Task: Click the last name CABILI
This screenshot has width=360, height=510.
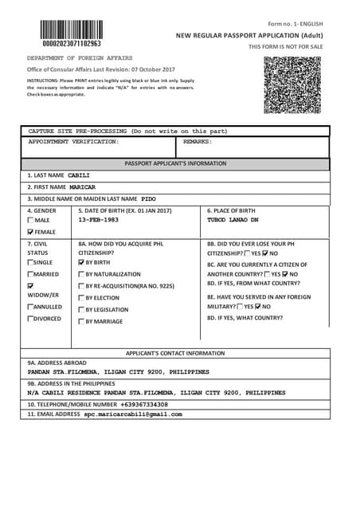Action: pyautogui.click(x=79, y=175)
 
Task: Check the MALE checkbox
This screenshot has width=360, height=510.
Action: pyautogui.click(x=31, y=220)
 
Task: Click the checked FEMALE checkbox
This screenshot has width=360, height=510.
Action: pyautogui.click(x=31, y=231)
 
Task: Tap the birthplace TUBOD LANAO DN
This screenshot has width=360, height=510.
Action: pyautogui.click(x=233, y=219)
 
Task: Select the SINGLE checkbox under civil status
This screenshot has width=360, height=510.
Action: pyautogui.click(x=31, y=262)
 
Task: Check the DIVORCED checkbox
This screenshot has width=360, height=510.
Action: pyautogui.click(x=31, y=319)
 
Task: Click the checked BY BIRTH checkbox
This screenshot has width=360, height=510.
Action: pyautogui.click(x=81, y=262)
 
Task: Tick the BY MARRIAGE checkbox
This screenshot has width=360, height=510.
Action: pyautogui.click(x=81, y=321)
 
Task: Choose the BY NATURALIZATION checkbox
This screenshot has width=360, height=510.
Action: pyautogui.click(x=81, y=274)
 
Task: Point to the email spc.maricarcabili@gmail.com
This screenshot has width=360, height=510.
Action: pyautogui.click(x=133, y=414)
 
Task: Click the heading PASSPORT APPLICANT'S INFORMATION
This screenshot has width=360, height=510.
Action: pyautogui.click(x=175, y=163)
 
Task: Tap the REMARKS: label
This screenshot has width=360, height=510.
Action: pyautogui.click(x=198, y=141)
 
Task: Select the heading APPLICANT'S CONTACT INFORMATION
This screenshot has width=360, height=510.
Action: pyautogui.click(x=175, y=352)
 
